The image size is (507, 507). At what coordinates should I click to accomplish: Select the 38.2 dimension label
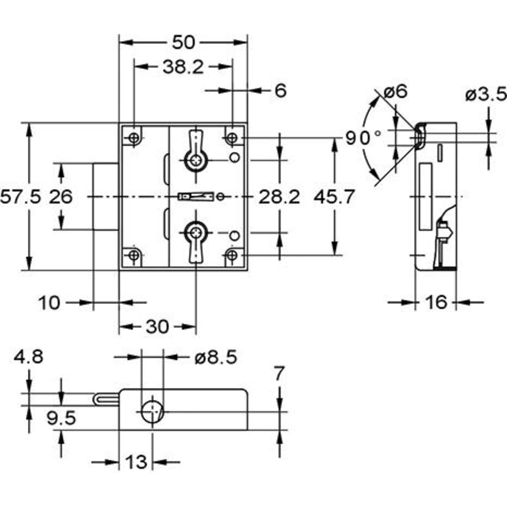tap(183, 67)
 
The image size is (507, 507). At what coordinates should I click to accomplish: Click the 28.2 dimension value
tap(279, 197)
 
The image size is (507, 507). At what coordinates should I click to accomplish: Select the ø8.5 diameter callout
tap(216, 358)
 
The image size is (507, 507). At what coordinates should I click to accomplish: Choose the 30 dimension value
tap(157, 327)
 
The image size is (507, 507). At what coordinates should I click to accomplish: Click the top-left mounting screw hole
tap(135, 137)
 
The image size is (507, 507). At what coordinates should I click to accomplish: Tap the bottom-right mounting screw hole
tap(232, 255)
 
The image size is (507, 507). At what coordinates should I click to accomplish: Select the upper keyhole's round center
tap(196, 160)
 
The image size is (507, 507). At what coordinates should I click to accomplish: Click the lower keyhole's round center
tap(196, 233)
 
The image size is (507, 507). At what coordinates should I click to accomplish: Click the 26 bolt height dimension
tap(61, 197)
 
